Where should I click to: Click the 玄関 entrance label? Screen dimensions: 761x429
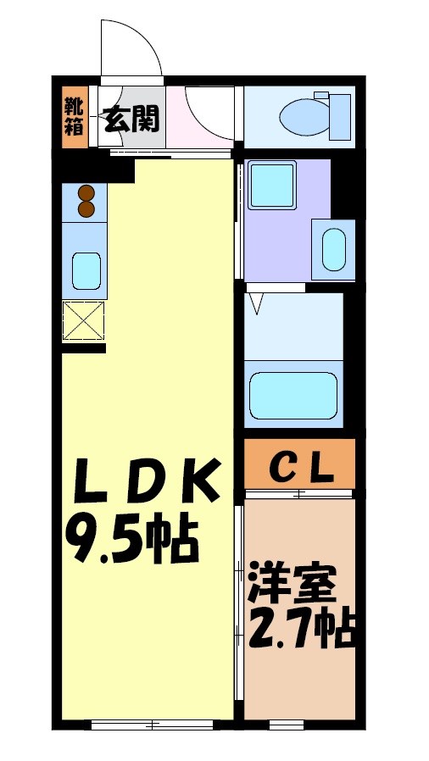[131, 119]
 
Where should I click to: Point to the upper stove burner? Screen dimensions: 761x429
[86, 192]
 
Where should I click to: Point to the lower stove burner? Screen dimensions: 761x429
[86, 208]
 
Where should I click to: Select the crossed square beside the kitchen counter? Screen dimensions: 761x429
[84, 321]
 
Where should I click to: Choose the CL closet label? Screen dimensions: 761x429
[300, 466]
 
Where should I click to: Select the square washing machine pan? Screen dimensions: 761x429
[270, 185]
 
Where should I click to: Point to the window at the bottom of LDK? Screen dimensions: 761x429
[153, 725]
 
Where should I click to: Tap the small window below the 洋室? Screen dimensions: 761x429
[286, 725]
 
